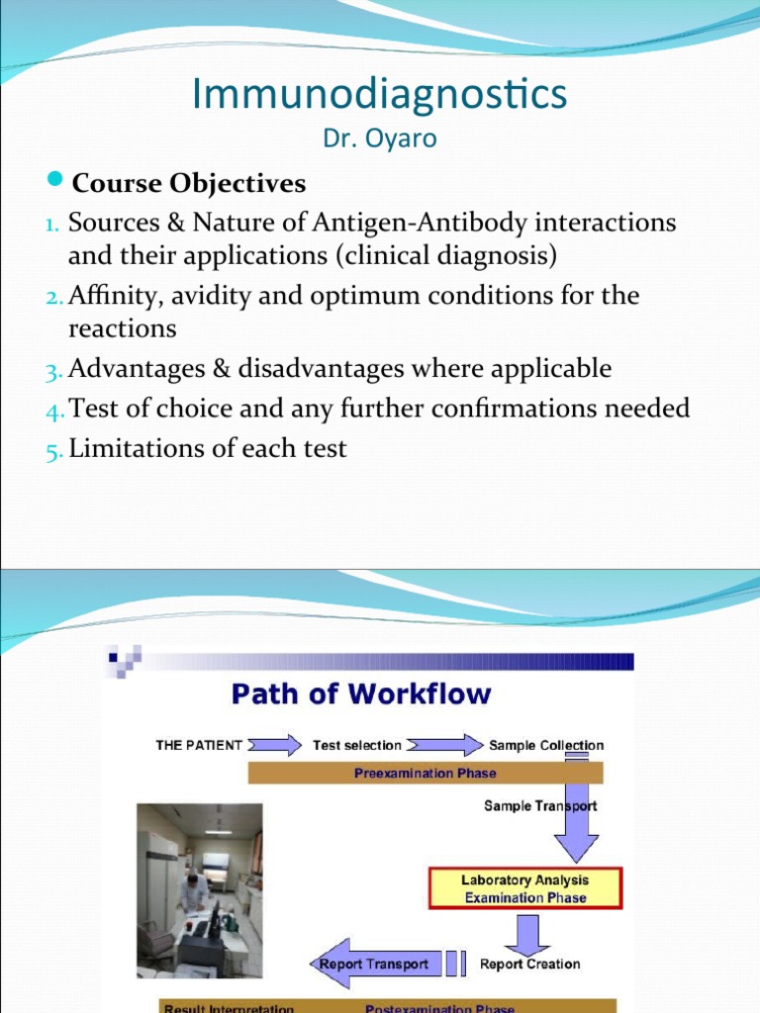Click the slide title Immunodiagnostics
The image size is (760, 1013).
click(380, 94)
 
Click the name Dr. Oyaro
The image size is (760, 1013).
click(380, 138)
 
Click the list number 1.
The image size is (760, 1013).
click(52, 224)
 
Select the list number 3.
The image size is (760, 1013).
click(52, 371)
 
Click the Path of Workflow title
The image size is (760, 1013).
click(360, 693)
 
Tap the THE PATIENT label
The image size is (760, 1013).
click(199, 745)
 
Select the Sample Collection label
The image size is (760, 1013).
click(546, 745)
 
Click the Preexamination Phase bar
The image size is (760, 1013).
click(425, 773)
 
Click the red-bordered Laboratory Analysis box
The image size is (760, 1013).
click(524, 888)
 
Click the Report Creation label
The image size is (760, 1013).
click(529, 964)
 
